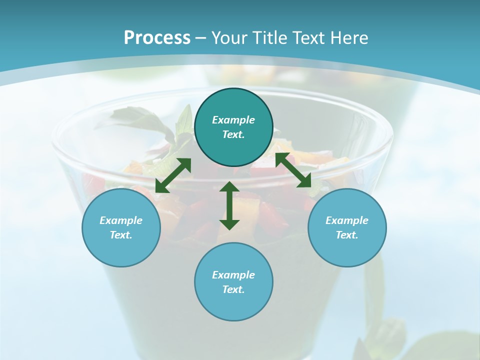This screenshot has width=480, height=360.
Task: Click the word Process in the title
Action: tap(157, 38)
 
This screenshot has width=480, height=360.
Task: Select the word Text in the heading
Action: tap(311, 38)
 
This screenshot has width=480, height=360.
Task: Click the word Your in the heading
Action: tap(231, 38)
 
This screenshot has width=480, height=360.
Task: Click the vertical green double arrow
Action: tap(229, 205)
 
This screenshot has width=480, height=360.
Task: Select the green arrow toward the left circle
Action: tap(173, 175)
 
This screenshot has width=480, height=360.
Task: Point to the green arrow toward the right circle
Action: tap(293, 170)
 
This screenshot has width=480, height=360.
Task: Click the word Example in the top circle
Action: tap(233, 120)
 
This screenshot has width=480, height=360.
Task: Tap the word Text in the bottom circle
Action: tap(233, 289)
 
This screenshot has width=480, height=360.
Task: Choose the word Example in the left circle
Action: tap(121, 220)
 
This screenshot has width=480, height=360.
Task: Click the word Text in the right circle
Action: tap(347, 235)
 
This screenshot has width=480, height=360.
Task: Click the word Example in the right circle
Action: tap(347, 220)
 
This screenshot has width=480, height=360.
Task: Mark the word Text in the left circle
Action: tap(121, 235)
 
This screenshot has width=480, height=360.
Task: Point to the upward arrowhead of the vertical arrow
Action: tap(229, 186)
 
